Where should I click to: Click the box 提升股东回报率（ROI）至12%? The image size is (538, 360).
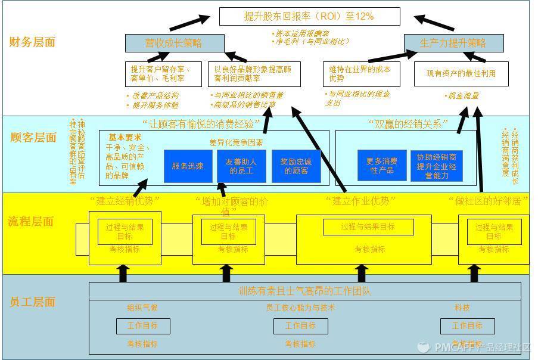tap(309, 16)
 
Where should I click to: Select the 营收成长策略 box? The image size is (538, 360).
tap(175, 43)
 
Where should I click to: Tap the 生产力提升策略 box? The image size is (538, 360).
tap(453, 43)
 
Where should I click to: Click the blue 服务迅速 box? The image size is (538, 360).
tap(188, 166)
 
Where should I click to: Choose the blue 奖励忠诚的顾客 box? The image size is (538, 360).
tap(296, 166)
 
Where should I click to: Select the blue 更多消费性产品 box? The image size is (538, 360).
tap(382, 165)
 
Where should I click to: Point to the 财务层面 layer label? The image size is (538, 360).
tap(32, 42)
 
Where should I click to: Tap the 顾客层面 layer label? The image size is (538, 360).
tap(33, 137)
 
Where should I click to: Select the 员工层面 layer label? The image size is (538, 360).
tap(32, 302)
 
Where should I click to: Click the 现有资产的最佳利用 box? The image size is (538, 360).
tap(461, 74)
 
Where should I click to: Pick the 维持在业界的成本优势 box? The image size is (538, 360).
tap(361, 74)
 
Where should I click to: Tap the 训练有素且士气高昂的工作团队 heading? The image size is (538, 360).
tap(304, 291)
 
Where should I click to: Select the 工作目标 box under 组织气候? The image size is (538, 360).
tap(142, 326)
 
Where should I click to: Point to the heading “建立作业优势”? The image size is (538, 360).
tap(361, 201)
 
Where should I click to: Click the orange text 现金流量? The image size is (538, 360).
tap(462, 95)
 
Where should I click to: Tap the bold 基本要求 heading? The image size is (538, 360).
tap(125, 136)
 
